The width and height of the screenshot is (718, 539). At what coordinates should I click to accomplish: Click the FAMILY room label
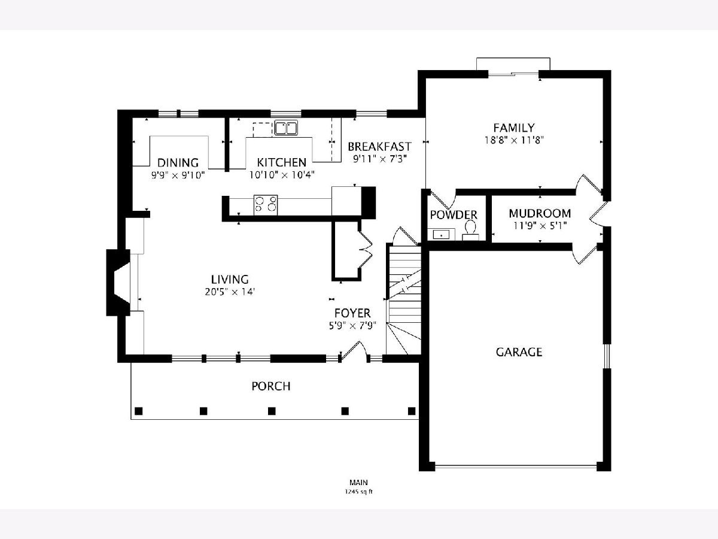point(514,128)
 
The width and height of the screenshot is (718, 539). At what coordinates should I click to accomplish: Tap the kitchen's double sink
point(286,128)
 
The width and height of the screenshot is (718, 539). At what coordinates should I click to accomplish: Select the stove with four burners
point(266,205)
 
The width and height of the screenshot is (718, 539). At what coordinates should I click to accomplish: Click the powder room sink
point(441,234)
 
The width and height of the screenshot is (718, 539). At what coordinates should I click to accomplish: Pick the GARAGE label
point(519,352)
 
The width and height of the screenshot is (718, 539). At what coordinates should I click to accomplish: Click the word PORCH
point(271,386)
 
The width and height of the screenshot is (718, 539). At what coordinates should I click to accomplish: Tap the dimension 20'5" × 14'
point(230,292)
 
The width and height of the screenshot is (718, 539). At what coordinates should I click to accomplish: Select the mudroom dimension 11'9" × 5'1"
point(540,226)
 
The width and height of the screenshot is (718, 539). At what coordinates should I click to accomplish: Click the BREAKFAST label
point(379,146)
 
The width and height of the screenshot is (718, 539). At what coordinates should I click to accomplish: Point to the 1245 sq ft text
point(358,492)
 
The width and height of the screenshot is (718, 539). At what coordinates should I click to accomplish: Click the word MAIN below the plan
point(358,482)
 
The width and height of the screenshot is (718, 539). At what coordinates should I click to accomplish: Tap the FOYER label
point(352,313)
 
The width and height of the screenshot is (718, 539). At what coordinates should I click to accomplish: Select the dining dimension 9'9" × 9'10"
point(178,175)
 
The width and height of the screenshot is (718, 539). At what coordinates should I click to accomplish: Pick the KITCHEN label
point(281,162)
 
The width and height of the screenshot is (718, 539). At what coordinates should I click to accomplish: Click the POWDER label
point(454,214)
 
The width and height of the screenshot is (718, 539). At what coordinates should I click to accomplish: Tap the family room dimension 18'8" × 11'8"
point(514,140)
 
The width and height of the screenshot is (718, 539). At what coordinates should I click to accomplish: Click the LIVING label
point(230,279)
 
